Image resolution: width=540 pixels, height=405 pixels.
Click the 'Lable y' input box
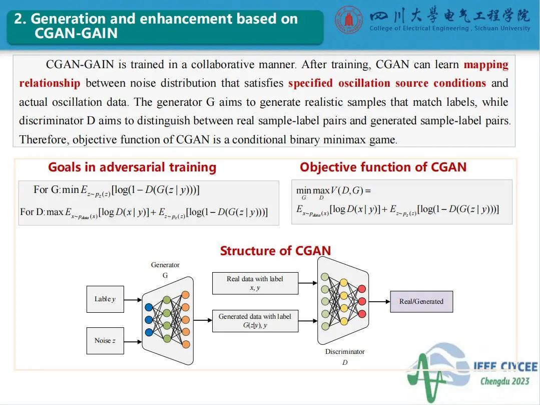tap(105, 299)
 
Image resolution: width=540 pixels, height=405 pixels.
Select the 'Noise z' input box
tap(105, 341)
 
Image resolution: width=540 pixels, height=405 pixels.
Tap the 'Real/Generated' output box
tap(421, 301)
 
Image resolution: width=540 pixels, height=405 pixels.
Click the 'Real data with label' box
tap(255, 283)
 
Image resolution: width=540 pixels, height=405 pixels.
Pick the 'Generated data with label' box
tap(255, 321)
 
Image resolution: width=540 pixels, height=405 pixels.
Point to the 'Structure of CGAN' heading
tap(275, 251)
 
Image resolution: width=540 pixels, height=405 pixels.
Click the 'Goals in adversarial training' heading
tap(132, 167)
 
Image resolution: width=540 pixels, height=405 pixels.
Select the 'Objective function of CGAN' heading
tap(383, 167)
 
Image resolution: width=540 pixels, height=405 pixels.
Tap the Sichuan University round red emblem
tap(349, 20)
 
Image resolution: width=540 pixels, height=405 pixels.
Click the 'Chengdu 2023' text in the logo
tap(504, 381)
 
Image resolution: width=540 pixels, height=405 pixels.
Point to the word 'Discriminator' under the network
tap(345, 352)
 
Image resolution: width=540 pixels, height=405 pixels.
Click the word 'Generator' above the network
tap(165, 265)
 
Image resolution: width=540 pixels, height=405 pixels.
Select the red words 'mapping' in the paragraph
tap(485, 65)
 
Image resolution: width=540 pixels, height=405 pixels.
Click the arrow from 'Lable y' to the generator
tap(133, 300)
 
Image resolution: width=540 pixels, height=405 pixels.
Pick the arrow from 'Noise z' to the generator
tap(133, 341)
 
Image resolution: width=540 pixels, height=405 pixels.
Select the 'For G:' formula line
tap(116, 190)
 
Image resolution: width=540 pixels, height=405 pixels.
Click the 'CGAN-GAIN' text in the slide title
tap(76, 33)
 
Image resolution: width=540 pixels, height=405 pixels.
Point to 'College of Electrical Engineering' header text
tap(418, 29)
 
